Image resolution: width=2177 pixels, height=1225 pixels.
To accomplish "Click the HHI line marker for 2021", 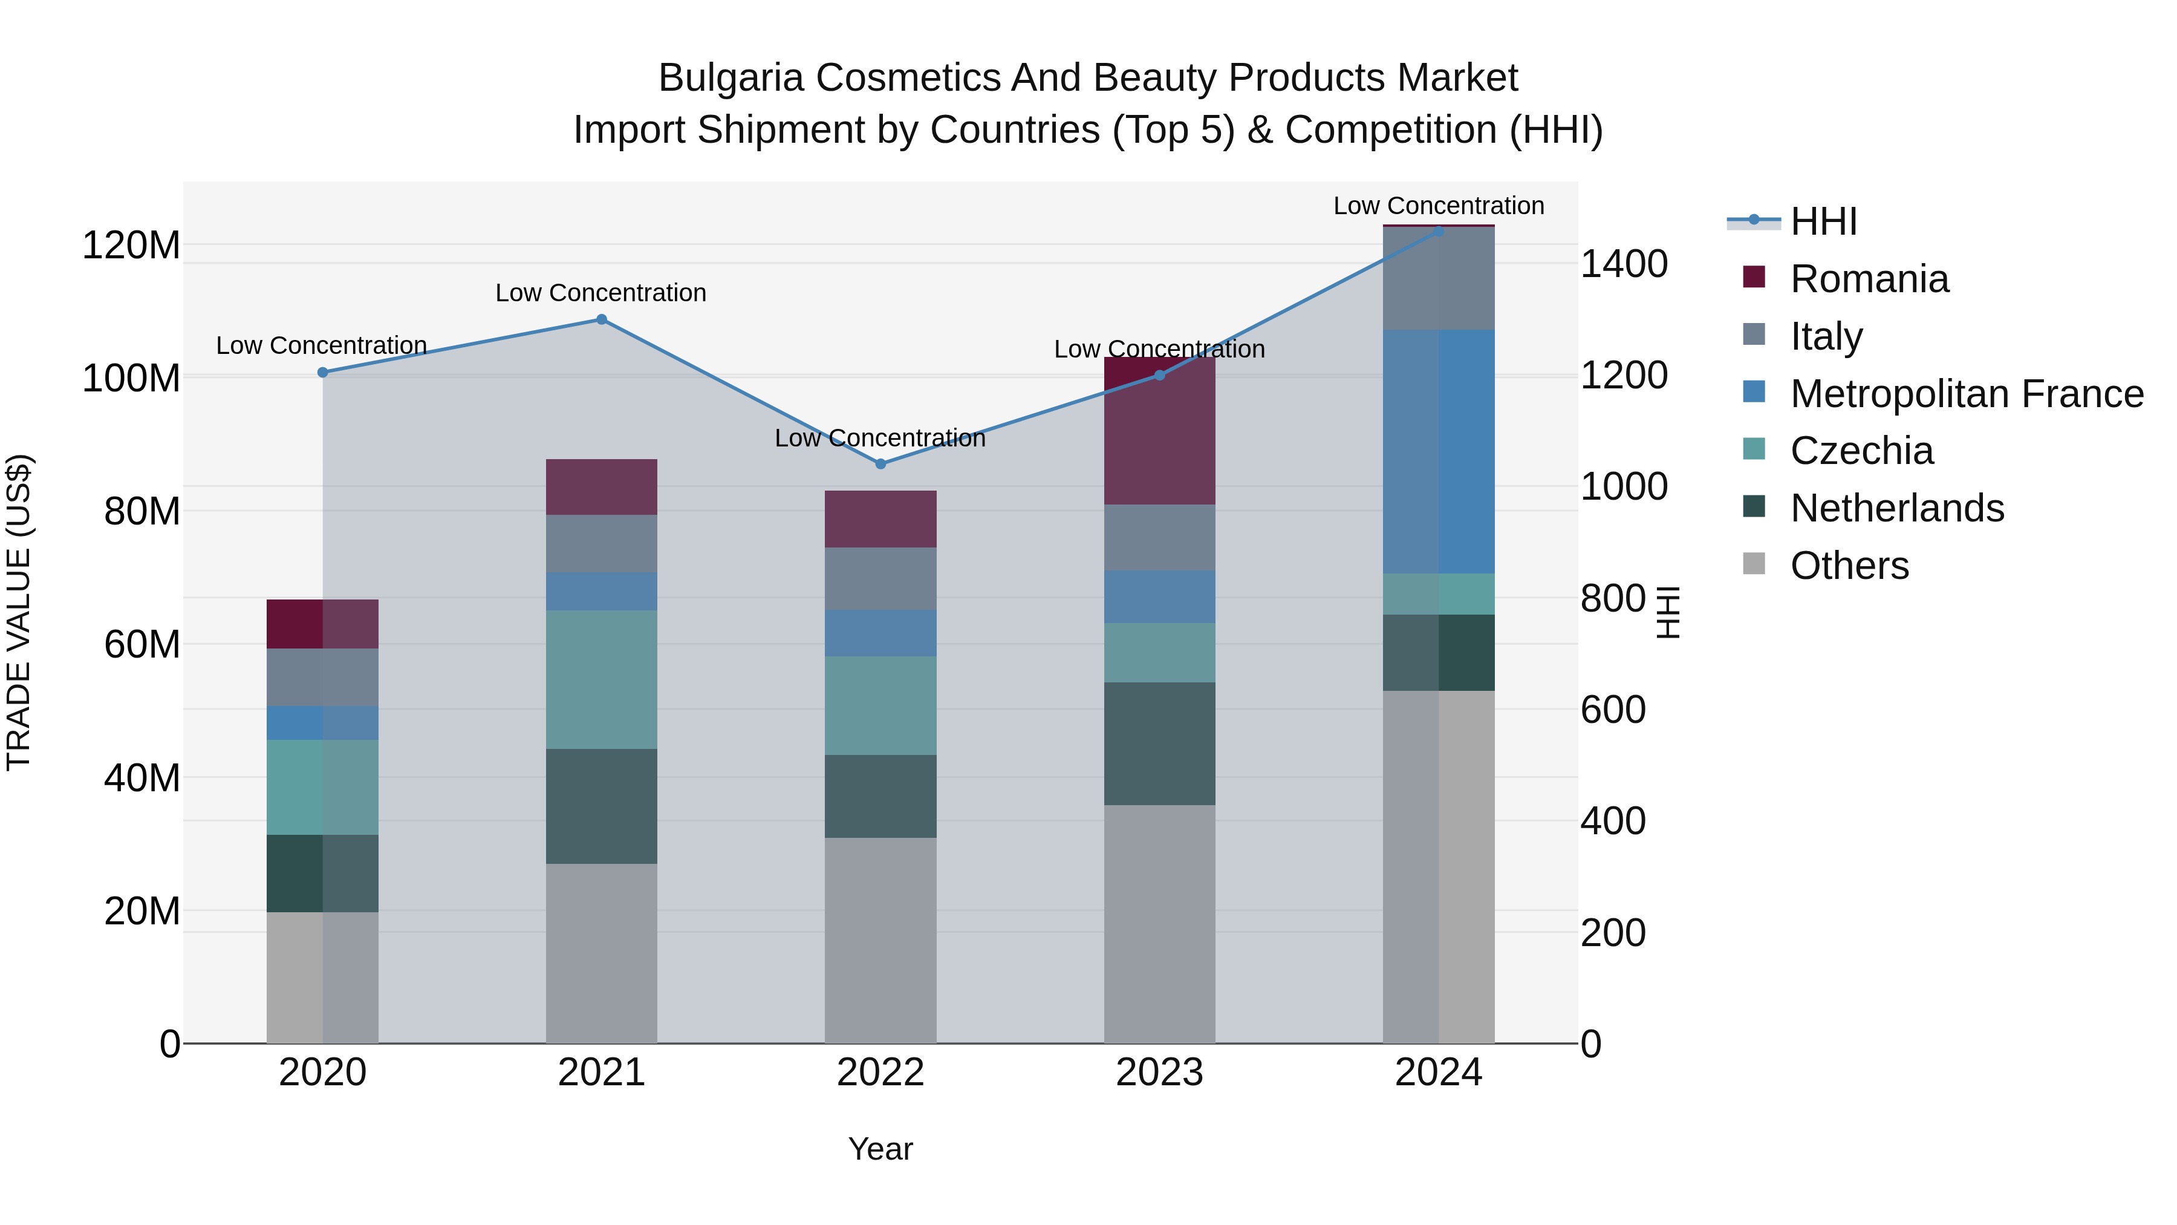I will coord(601,319).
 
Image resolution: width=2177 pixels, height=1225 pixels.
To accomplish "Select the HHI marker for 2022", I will coord(880,464).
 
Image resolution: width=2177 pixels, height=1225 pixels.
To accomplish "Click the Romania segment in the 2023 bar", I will coord(1159,431).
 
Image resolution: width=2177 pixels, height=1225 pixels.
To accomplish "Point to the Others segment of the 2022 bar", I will coord(880,940).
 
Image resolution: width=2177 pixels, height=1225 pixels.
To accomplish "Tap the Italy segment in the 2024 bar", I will coord(1439,279).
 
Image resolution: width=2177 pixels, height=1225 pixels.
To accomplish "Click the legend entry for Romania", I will coord(1869,279).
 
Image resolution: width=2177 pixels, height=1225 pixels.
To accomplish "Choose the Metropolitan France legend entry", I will coord(1966,394).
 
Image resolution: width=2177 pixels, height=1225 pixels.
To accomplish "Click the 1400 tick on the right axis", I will coord(1624,264).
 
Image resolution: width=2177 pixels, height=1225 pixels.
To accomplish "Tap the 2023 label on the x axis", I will coord(1159,1073).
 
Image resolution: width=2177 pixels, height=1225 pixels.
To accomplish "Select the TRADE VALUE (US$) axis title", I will coord(19,612).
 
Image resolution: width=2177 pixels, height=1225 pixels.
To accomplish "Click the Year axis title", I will coord(880,1149).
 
